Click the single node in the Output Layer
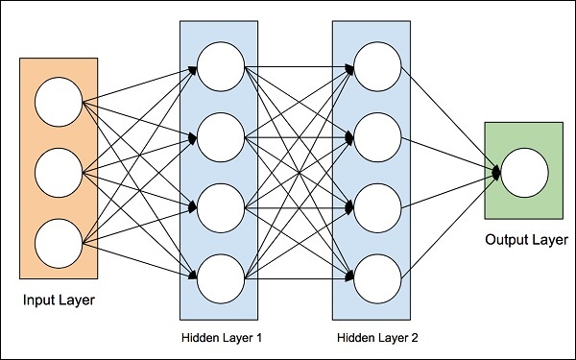pos(524,174)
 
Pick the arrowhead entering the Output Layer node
pos(496,174)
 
